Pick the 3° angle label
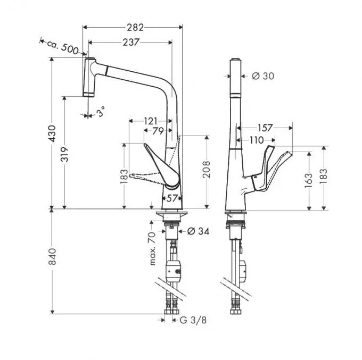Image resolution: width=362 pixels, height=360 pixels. (x=100, y=112)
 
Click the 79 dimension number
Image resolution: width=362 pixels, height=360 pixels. (x=158, y=131)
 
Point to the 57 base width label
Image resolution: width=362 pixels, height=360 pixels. (x=171, y=198)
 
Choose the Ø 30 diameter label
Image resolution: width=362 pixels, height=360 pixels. (x=263, y=76)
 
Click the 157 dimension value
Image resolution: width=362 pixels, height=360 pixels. (x=265, y=128)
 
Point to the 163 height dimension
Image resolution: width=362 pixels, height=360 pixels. (x=309, y=181)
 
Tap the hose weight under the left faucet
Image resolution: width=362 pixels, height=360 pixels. (x=175, y=272)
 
